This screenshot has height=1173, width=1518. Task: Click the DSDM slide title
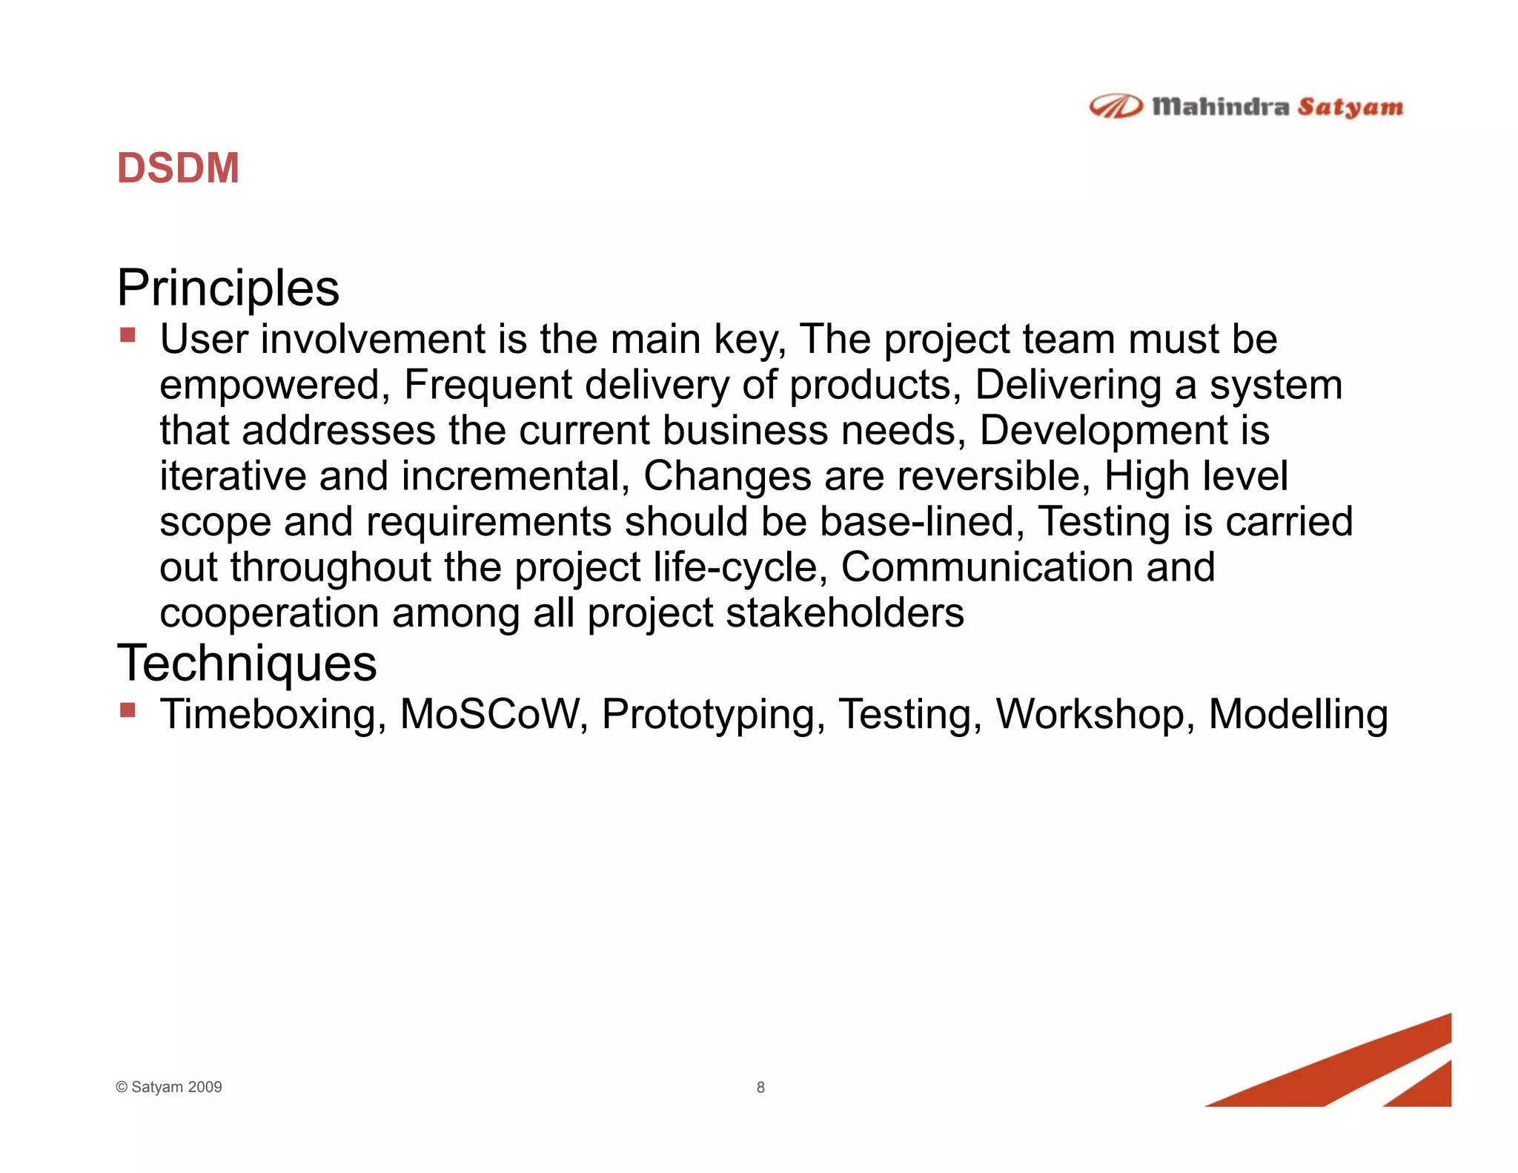(178, 168)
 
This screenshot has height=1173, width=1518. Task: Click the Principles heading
(228, 288)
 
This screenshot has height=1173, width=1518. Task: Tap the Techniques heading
(247, 663)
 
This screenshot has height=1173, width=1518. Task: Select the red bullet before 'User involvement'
(127, 336)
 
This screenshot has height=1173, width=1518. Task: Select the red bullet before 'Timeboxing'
(127, 711)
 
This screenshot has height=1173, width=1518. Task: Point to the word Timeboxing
(272, 714)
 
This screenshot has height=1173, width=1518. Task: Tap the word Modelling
(1298, 714)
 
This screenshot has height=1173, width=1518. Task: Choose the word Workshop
(1094, 714)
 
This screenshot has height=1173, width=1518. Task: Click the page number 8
(760, 1087)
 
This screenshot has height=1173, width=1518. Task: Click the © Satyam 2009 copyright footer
(169, 1087)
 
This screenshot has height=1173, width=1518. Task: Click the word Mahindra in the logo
(1220, 107)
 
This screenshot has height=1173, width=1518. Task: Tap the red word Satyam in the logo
(1350, 107)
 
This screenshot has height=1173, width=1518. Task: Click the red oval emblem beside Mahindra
(1116, 107)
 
